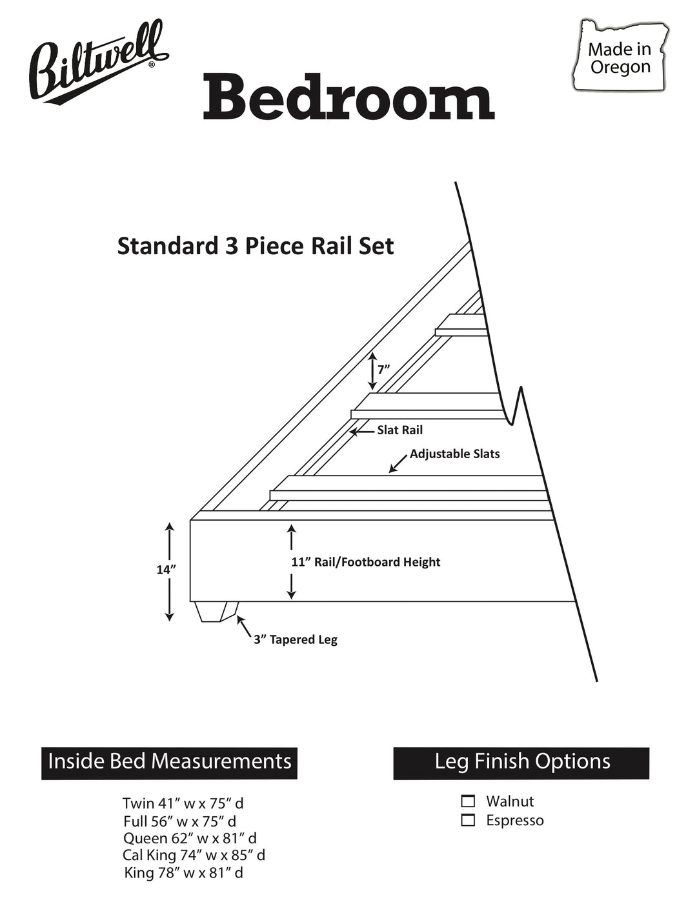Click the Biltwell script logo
pyautogui.click(x=97, y=63)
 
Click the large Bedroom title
pyautogui.click(x=348, y=96)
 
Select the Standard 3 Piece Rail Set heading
pyautogui.click(x=256, y=246)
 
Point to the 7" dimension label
pyautogui.click(x=383, y=369)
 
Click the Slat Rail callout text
pyautogui.click(x=399, y=430)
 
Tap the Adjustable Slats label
pyautogui.click(x=454, y=454)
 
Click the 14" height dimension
pyautogui.click(x=166, y=570)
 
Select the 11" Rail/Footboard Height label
pyautogui.click(x=366, y=562)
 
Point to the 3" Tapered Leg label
pyautogui.click(x=296, y=639)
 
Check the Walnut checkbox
pyautogui.click(x=468, y=801)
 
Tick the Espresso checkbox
pyautogui.click(x=468, y=820)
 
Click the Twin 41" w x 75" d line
pyautogui.click(x=183, y=803)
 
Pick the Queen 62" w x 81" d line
pyautogui.click(x=190, y=838)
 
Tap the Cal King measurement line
pyautogui.click(x=194, y=855)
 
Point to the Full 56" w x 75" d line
pyautogui.click(x=180, y=821)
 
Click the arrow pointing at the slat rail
pyautogui.click(x=362, y=432)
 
